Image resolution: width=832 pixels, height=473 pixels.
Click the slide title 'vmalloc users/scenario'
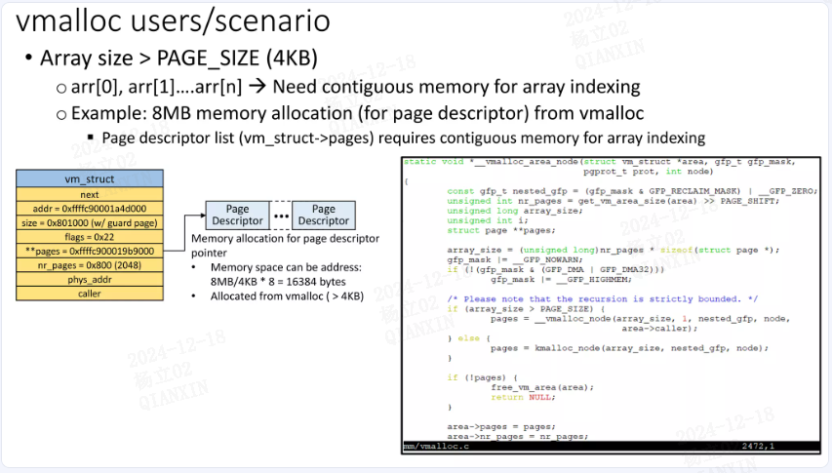point(174,21)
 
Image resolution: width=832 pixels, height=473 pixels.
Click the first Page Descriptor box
point(237,215)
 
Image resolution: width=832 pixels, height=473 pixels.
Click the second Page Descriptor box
point(323,215)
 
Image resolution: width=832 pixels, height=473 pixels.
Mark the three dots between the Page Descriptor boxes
point(280,216)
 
